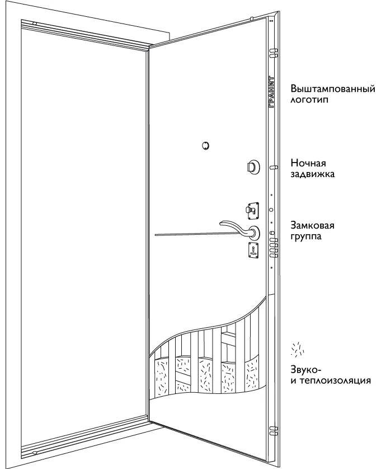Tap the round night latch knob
253,166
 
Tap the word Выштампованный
332,90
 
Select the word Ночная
308,163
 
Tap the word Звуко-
305,370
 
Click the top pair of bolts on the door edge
274,53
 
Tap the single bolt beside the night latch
274,166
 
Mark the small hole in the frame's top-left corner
35,24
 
